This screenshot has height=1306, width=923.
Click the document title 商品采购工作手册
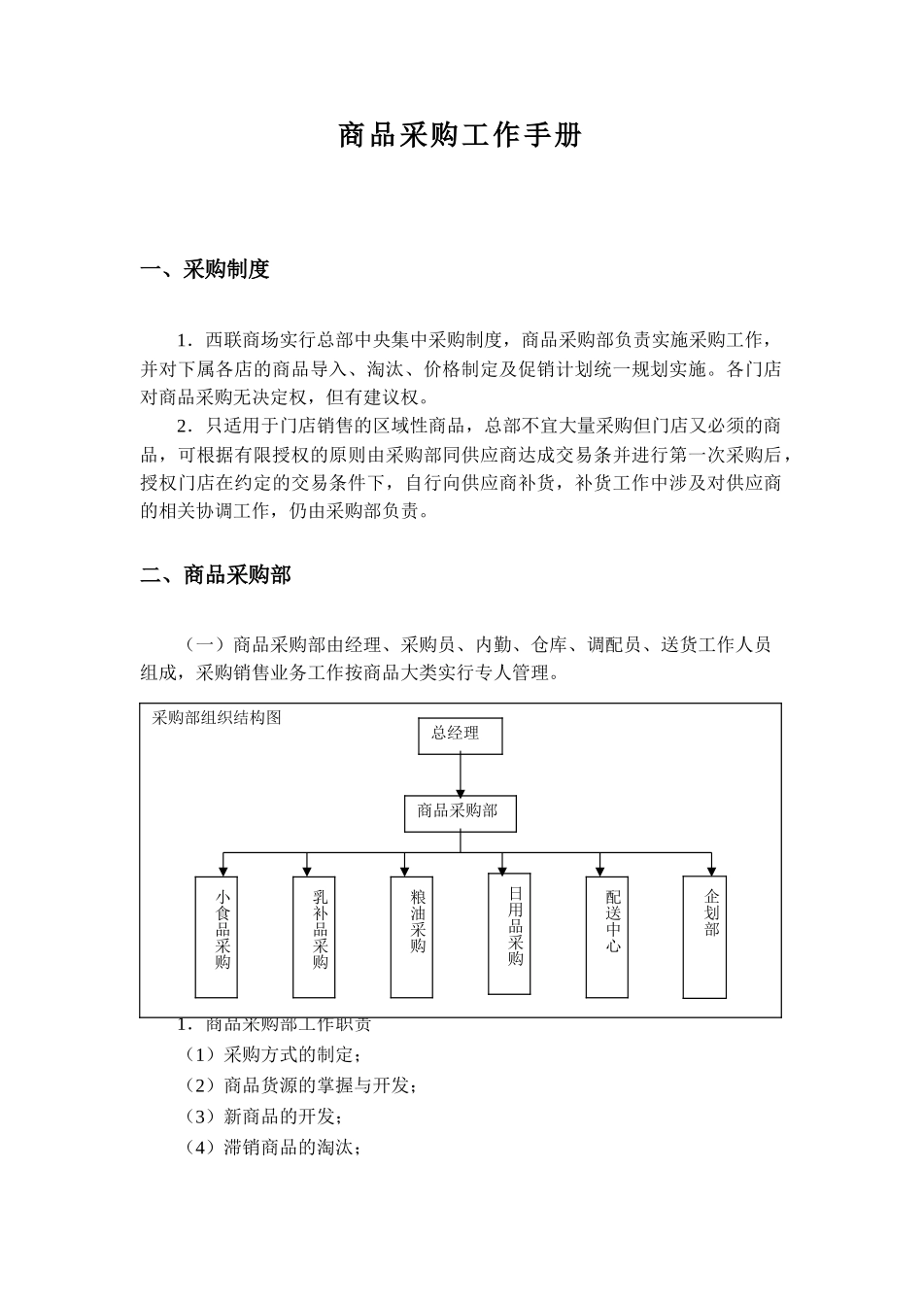point(460,136)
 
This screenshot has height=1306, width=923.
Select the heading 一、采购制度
point(205,270)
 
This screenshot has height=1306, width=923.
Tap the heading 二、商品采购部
point(216,575)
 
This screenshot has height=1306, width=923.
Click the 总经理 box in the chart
point(461,736)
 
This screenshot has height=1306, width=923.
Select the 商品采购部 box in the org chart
point(460,813)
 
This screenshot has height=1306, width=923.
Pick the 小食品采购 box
point(217,937)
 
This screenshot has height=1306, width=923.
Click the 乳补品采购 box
point(314,937)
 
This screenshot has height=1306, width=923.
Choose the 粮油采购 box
point(411,937)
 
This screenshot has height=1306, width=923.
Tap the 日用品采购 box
point(509,934)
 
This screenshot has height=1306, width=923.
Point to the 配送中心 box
point(607,937)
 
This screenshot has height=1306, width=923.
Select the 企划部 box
point(704,937)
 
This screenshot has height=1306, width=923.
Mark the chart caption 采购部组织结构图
point(217,717)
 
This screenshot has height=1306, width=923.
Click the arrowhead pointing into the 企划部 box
point(712,870)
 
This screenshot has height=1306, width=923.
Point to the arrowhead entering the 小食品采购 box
point(223,870)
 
